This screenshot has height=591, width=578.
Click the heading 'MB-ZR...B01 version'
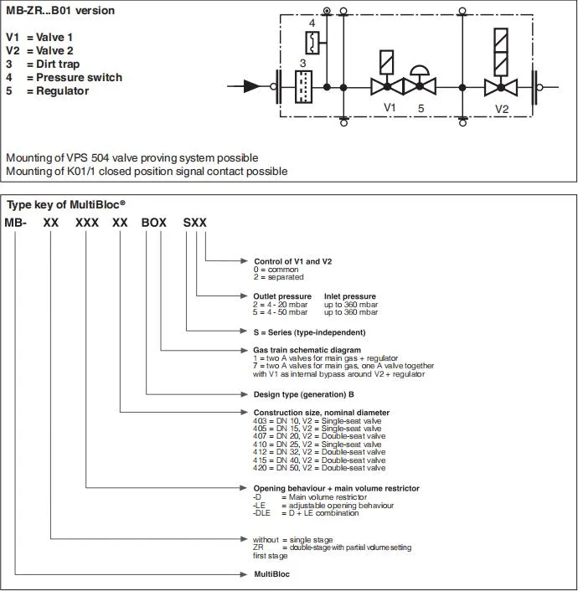(60, 11)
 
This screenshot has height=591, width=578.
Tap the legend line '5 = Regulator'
(47, 91)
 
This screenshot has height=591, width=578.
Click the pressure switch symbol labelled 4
(311, 41)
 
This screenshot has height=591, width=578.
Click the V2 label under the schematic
(501, 108)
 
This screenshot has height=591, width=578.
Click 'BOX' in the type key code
(154, 224)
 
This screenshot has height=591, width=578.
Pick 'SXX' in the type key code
(194, 224)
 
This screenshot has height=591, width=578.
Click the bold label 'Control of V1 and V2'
(292, 261)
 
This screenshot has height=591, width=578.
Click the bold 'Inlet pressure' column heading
(350, 296)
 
